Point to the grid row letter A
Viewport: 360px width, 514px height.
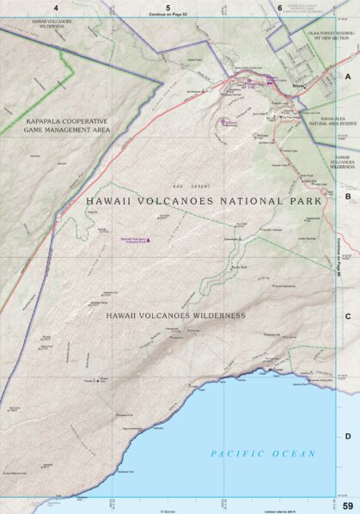[x=348, y=76]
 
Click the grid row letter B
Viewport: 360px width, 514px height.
[x=348, y=196]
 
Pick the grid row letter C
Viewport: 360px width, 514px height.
[x=348, y=316]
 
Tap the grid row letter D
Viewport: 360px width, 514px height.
[x=348, y=436]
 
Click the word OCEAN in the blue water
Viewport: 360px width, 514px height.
[x=293, y=453]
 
